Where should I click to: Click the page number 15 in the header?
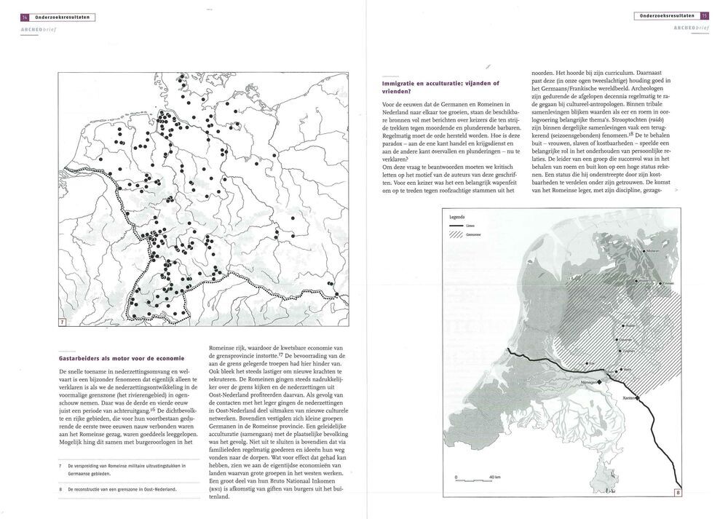[704, 15]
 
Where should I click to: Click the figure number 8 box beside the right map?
[678, 493]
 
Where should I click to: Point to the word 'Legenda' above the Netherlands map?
[457, 217]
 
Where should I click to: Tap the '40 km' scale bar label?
[495, 477]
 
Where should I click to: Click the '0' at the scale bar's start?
[456, 477]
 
